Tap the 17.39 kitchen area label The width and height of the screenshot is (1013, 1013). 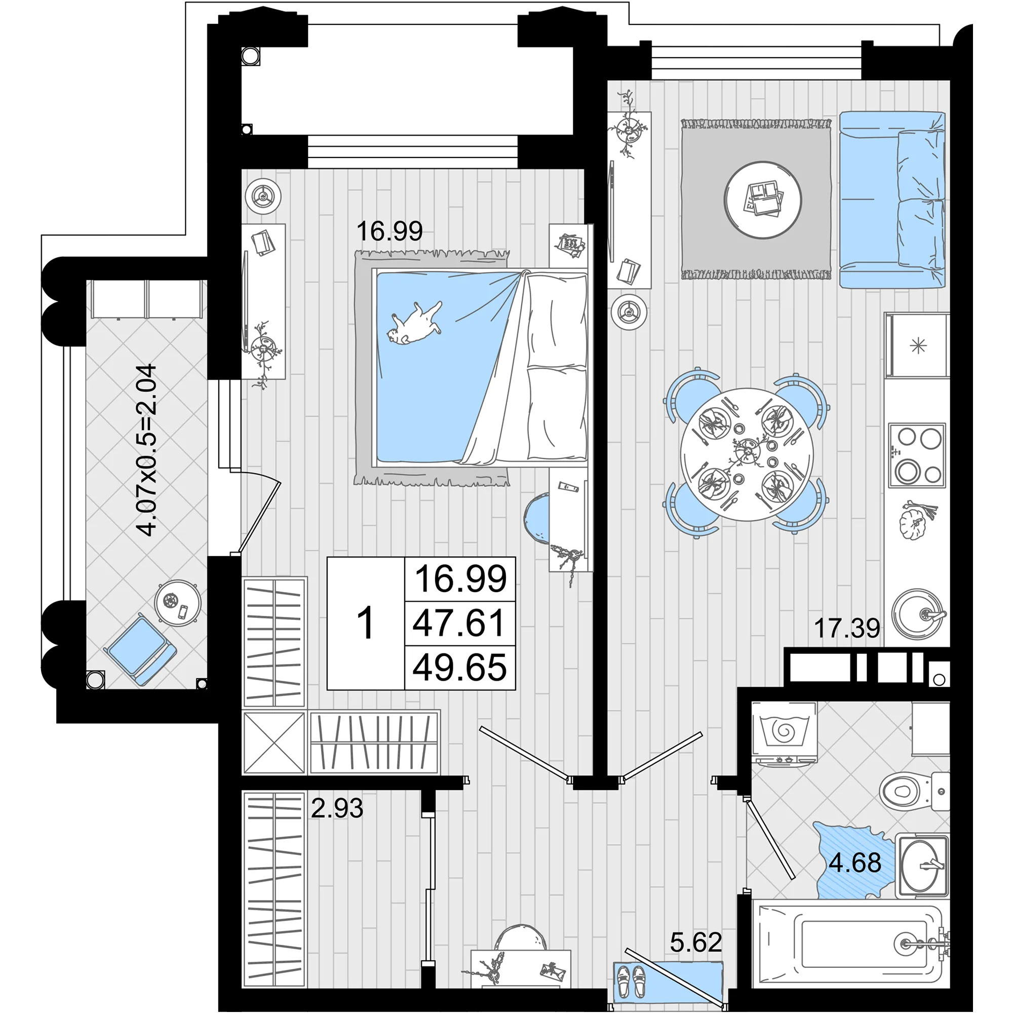[847, 628]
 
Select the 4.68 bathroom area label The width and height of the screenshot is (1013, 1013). [854, 863]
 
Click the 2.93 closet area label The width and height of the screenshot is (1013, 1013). [337, 808]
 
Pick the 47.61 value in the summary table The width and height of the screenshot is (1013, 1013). [459, 623]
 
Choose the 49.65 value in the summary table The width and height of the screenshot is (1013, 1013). [459, 668]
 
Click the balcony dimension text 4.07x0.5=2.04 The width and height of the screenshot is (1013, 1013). [146, 449]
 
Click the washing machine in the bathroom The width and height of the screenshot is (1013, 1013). [784, 734]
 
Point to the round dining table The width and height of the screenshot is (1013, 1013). [747, 454]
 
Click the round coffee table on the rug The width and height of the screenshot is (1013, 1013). [763, 200]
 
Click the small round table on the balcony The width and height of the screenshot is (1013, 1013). [178, 602]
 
